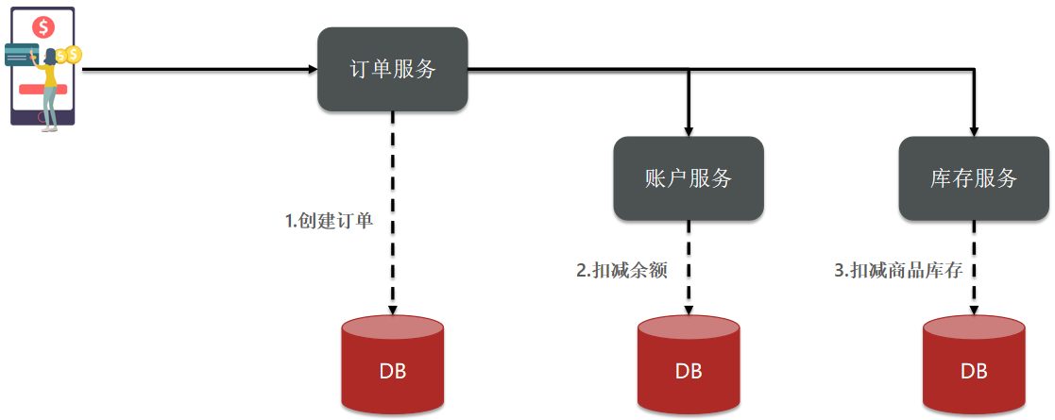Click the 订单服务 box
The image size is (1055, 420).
392,69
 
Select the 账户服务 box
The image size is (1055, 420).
689,178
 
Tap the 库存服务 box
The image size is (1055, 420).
974,178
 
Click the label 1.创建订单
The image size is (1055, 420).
329,221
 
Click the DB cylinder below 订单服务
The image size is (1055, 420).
392,364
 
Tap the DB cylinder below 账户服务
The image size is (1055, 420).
689,364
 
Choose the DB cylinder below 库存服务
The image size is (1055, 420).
974,364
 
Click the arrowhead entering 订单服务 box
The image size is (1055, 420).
313,69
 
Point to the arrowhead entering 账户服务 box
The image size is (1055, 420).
689,132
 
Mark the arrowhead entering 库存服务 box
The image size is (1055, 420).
974,132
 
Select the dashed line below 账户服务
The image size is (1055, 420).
689,268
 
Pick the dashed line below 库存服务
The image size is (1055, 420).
974,268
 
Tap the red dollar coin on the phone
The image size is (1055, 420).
44,27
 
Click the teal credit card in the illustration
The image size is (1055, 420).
22,55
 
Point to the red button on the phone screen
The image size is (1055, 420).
43,89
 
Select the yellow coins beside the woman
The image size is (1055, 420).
69,55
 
